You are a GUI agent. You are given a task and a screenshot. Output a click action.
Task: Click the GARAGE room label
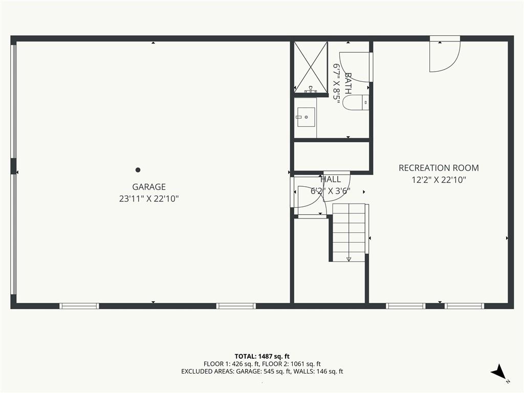(x=149, y=187)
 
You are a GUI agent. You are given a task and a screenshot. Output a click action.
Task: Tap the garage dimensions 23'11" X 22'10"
(x=149, y=199)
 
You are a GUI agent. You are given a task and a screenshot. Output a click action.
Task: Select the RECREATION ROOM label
(x=439, y=168)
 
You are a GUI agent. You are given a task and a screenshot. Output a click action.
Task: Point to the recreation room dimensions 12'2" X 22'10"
(x=439, y=180)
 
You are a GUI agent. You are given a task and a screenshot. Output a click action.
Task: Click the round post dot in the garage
(x=138, y=170)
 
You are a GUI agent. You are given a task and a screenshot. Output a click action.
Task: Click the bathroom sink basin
(x=306, y=117)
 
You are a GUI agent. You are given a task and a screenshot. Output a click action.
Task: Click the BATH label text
(x=348, y=83)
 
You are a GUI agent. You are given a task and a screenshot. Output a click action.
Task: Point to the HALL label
(x=331, y=179)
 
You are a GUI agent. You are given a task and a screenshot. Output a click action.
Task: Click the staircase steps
(x=349, y=233)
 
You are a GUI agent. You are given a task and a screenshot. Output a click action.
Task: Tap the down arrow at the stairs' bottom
(x=349, y=258)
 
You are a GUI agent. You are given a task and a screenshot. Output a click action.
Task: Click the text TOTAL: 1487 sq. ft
(x=262, y=356)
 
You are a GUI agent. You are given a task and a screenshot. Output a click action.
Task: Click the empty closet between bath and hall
(x=332, y=157)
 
